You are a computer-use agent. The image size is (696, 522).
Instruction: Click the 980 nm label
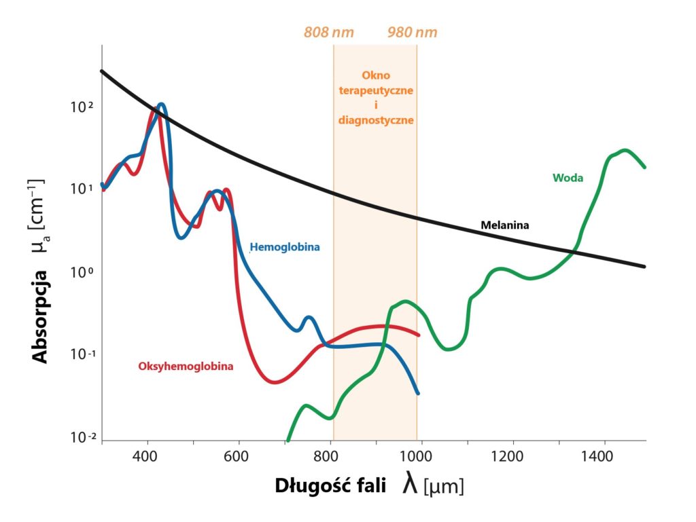[x=413, y=33]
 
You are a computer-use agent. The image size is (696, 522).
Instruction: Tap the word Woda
[x=568, y=178]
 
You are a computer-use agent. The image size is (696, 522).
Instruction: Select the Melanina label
[x=504, y=224]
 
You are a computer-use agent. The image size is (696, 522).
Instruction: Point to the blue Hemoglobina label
[x=285, y=247]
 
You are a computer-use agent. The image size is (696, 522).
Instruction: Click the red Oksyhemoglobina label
[x=186, y=367]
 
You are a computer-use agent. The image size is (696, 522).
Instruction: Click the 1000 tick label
[x=420, y=457]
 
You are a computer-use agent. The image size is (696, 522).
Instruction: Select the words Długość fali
[x=331, y=486]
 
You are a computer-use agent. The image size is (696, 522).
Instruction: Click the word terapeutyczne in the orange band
[x=375, y=90]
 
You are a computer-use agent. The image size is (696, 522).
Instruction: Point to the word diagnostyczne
[x=376, y=119]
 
